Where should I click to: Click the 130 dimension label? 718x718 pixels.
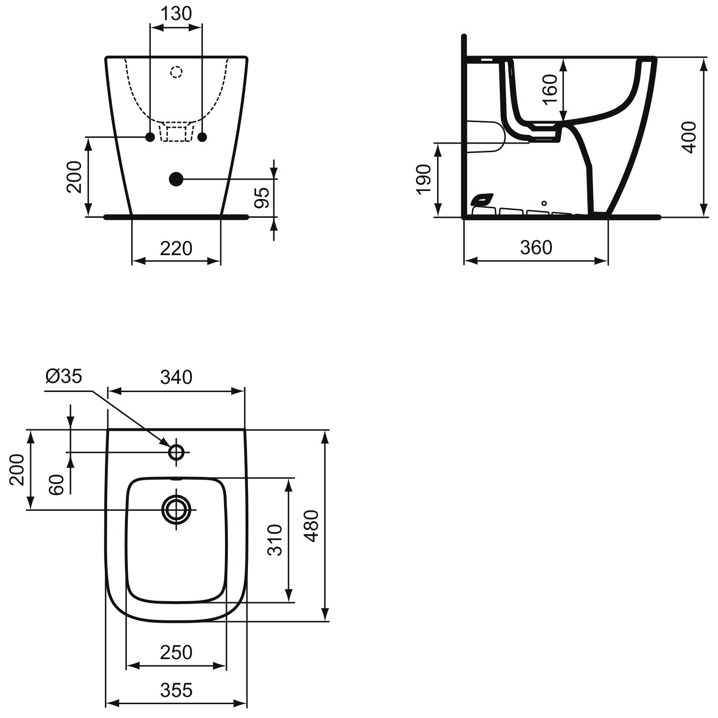point(176,14)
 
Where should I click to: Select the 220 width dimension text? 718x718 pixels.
point(176,248)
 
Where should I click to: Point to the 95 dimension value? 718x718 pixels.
point(261,197)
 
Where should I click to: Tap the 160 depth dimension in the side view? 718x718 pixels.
point(550,90)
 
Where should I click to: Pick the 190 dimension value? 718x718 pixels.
point(424,179)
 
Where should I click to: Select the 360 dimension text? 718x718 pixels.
point(536,247)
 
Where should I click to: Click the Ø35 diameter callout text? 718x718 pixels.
point(64,376)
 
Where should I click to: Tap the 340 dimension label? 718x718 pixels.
point(176,377)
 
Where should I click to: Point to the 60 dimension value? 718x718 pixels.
point(56,484)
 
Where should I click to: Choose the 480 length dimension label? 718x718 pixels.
point(312,526)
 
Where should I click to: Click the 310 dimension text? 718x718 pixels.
point(275,540)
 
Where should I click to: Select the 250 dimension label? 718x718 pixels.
point(176,652)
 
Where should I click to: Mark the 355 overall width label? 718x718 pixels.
point(176,690)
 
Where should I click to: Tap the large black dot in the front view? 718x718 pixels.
point(176,179)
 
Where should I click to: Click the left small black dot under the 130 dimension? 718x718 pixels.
point(150,137)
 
